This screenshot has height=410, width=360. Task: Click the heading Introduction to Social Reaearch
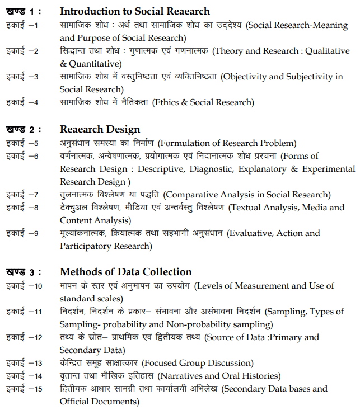click(x=134, y=11)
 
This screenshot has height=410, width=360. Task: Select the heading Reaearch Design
click(x=100, y=130)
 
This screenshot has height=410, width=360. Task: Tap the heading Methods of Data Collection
click(x=125, y=272)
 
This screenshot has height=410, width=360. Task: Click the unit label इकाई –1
click(x=22, y=26)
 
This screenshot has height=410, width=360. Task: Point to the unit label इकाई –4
click(x=22, y=102)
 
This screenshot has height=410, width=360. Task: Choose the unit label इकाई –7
click(x=22, y=195)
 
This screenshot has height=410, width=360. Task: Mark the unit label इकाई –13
click(x=24, y=363)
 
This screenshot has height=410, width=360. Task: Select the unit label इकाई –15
click(x=24, y=389)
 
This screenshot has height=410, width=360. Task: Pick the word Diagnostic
click(x=203, y=169)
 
